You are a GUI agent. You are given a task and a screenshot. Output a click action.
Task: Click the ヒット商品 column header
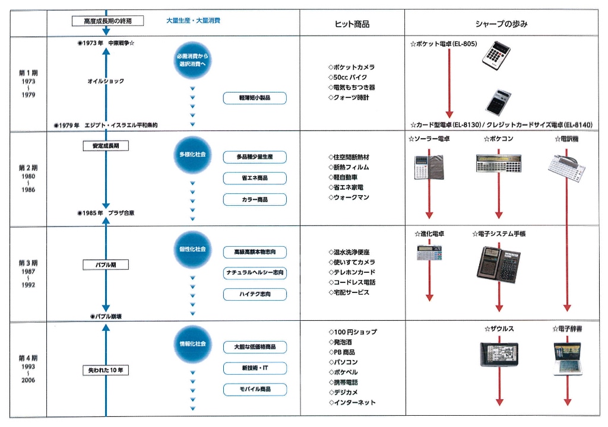352,24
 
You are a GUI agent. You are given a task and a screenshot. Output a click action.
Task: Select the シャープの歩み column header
501,24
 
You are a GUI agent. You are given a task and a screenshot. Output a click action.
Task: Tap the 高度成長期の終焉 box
108,21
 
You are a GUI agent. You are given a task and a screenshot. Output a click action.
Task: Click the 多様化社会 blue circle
193,154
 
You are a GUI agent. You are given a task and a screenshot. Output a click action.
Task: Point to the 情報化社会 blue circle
193,344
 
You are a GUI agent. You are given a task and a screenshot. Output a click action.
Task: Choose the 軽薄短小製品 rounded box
255,98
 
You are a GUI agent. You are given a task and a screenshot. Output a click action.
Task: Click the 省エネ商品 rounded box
255,179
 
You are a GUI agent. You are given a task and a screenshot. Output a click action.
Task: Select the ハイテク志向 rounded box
255,294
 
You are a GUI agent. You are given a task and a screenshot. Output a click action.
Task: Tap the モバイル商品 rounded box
255,389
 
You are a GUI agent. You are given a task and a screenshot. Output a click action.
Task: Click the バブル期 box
106,265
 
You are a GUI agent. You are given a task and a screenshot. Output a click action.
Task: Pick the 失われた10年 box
106,371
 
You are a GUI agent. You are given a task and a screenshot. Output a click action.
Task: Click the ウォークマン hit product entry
349,197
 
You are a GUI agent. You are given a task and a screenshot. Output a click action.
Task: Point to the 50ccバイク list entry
347,78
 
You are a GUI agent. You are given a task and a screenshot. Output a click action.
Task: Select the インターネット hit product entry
351,403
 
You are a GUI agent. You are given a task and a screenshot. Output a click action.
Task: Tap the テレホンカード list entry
351,272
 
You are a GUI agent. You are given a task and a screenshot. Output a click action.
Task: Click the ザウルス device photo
499,354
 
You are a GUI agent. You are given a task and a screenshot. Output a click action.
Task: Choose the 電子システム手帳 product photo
499,265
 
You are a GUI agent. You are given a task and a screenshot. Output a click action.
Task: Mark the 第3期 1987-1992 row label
28,273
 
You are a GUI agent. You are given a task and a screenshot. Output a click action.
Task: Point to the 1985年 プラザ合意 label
106,213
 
